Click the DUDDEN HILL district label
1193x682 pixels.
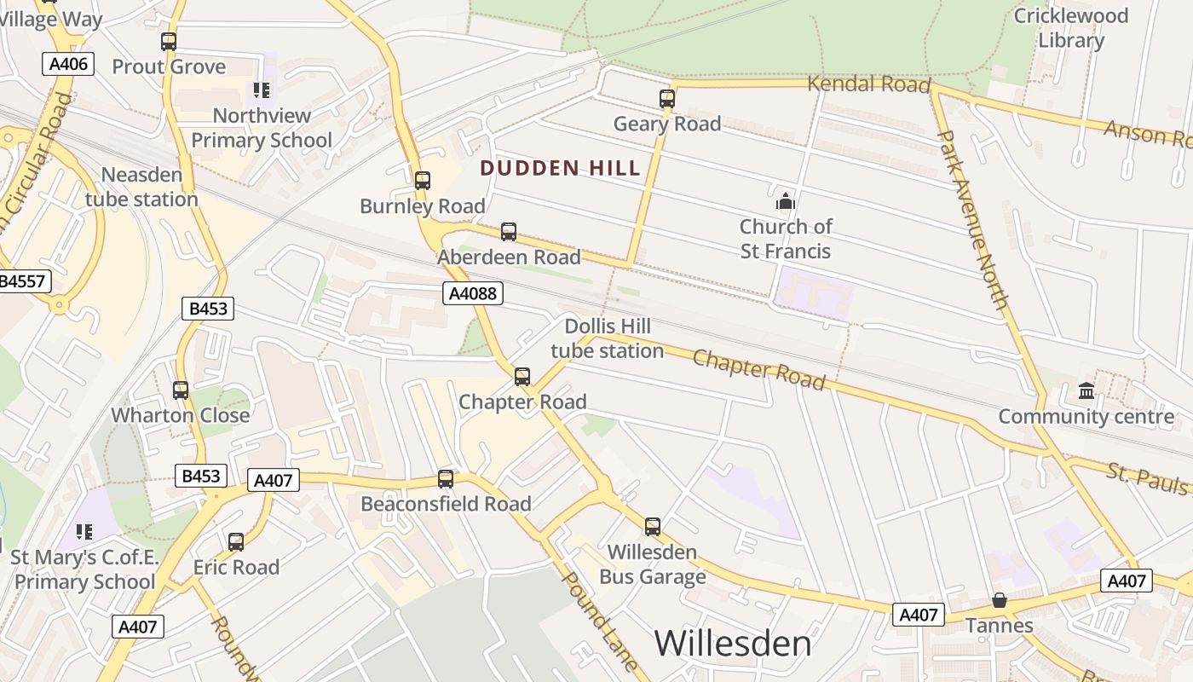560,168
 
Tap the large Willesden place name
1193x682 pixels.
733,644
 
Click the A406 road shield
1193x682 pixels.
67,64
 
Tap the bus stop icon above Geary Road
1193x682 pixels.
667,99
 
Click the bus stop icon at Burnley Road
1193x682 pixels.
423,181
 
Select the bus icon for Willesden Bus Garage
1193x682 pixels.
653,527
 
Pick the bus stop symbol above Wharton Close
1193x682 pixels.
181,390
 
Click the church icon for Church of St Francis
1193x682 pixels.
785,201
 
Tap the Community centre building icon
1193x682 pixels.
1086,391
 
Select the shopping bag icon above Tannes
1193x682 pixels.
1000,601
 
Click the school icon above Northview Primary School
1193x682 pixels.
262,90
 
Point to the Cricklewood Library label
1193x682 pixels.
1070,28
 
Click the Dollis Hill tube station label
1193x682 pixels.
607,338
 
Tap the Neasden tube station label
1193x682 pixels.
141,187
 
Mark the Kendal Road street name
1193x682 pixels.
868,84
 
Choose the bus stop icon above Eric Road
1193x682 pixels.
236,542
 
